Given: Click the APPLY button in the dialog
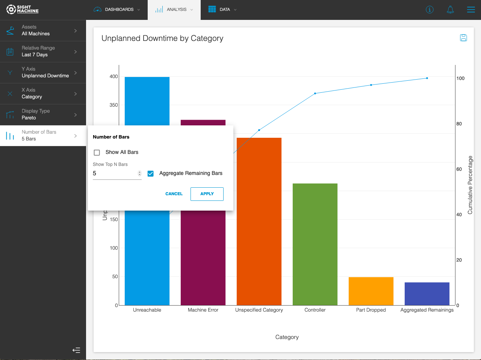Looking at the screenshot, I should (x=207, y=194).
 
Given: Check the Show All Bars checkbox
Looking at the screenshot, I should (x=97, y=152).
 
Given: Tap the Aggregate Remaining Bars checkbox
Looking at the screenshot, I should (x=151, y=173).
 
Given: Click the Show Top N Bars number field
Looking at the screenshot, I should (x=115, y=173).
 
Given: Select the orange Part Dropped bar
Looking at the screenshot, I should (x=371, y=291).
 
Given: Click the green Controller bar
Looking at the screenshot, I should (x=315, y=244).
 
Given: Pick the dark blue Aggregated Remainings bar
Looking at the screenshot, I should (x=427, y=294).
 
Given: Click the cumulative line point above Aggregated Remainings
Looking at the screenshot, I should (x=427, y=78).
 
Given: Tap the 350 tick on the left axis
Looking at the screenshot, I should (x=113, y=105).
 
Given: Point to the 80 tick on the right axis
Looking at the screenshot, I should (x=459, y=124).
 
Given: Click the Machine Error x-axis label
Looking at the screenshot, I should (x=203, y=310).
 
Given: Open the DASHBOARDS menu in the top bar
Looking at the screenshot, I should (x=117, y=10).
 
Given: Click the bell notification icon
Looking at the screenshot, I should (x=450, y=10).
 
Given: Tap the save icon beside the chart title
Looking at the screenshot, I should (x=463, y=38).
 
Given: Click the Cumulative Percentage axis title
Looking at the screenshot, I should (x=470, y=185).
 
